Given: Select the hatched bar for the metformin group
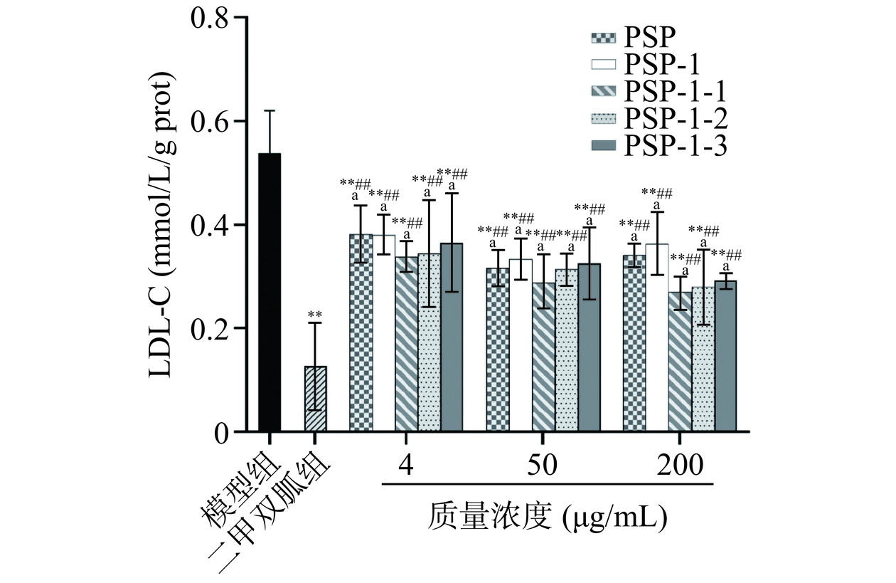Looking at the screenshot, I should click(315, 399).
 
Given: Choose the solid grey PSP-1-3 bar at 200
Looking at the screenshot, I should click(725, 356).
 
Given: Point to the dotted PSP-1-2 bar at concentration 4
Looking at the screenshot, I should click(429, 342).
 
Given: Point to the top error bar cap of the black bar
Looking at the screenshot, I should click(270, 110).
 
